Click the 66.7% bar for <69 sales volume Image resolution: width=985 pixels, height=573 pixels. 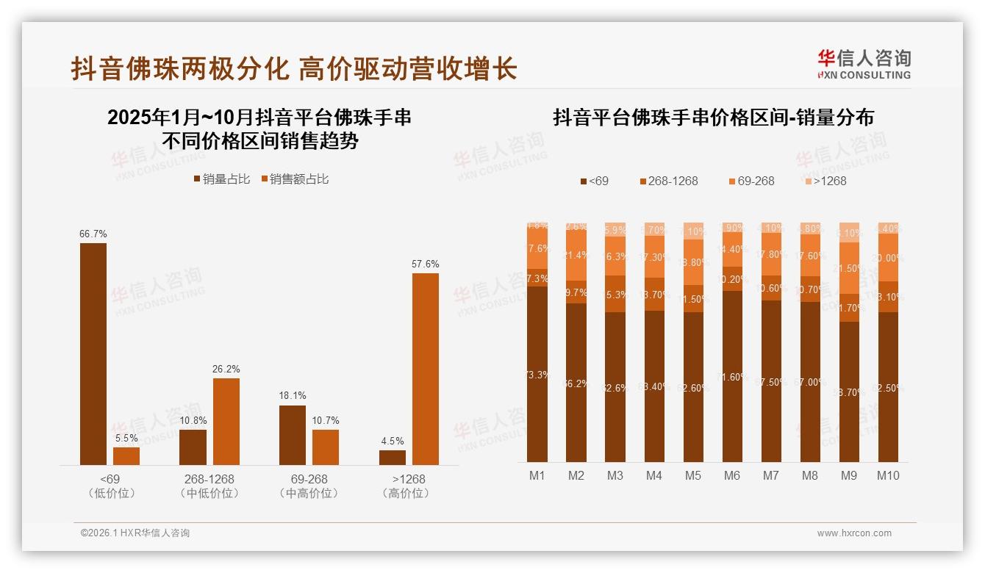click(93, 353)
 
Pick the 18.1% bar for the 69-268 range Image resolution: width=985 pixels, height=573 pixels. click(293, 435)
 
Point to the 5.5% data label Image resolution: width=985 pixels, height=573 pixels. click(126, 438)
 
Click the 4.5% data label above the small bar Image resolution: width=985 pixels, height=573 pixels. click(393, 441)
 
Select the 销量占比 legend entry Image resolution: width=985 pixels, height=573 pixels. click(222, 179)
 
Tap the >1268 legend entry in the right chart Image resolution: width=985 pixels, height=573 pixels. click(825, 181)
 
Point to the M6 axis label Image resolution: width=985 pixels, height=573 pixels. click(732, 475)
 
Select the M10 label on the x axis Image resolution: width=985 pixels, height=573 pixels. click(888, 475)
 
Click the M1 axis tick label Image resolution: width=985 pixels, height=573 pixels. click(537, 475)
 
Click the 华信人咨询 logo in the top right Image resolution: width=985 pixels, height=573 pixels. click(864, 63)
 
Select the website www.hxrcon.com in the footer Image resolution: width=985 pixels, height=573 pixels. click(854, 533)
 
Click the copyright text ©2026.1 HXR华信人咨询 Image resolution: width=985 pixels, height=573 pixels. click(135, 533)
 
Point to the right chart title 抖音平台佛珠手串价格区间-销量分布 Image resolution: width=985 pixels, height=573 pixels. click(713, 118)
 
